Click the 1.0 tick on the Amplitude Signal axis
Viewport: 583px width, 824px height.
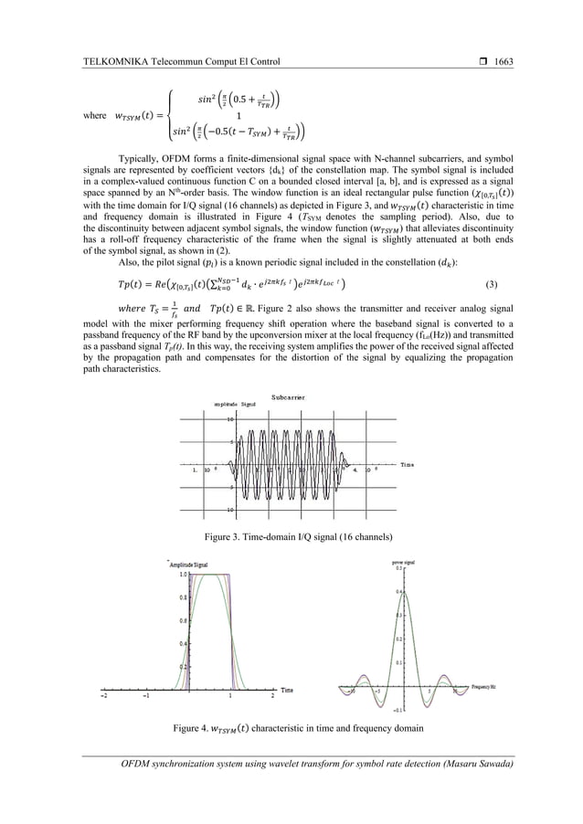pos(182,575)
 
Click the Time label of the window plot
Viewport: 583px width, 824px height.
pos(287,687)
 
